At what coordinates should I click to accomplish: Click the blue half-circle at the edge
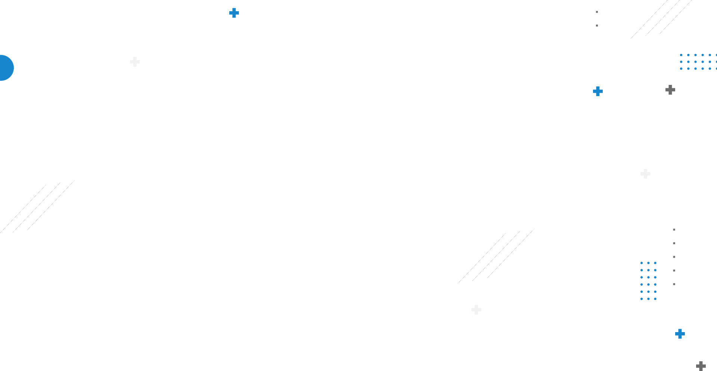[x=6, y=68]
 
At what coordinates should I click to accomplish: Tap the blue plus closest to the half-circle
[x=234, y=13]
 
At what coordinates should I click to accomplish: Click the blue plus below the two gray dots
[x=597, y=91]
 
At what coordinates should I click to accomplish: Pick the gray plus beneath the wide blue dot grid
[x=670, y=90]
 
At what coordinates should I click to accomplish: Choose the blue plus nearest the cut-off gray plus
[x=680, y=334]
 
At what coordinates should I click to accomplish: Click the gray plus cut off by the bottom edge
[x=701, y=366]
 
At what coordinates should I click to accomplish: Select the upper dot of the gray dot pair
[x=597, y=12]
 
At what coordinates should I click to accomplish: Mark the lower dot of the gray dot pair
[x=597, y=25]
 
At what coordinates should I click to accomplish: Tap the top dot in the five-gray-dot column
[x=674, y=230]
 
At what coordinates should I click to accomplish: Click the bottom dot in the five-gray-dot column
[x=674, y=284]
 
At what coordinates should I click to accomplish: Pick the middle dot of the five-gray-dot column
[x=674, y=257]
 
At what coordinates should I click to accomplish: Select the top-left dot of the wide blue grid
[x=681, y=55]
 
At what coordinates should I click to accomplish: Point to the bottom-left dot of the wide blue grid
[x=681, y=68]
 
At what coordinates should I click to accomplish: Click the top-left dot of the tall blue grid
[x=642, y=263]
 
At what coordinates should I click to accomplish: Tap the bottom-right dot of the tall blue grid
[x=655, y=299]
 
